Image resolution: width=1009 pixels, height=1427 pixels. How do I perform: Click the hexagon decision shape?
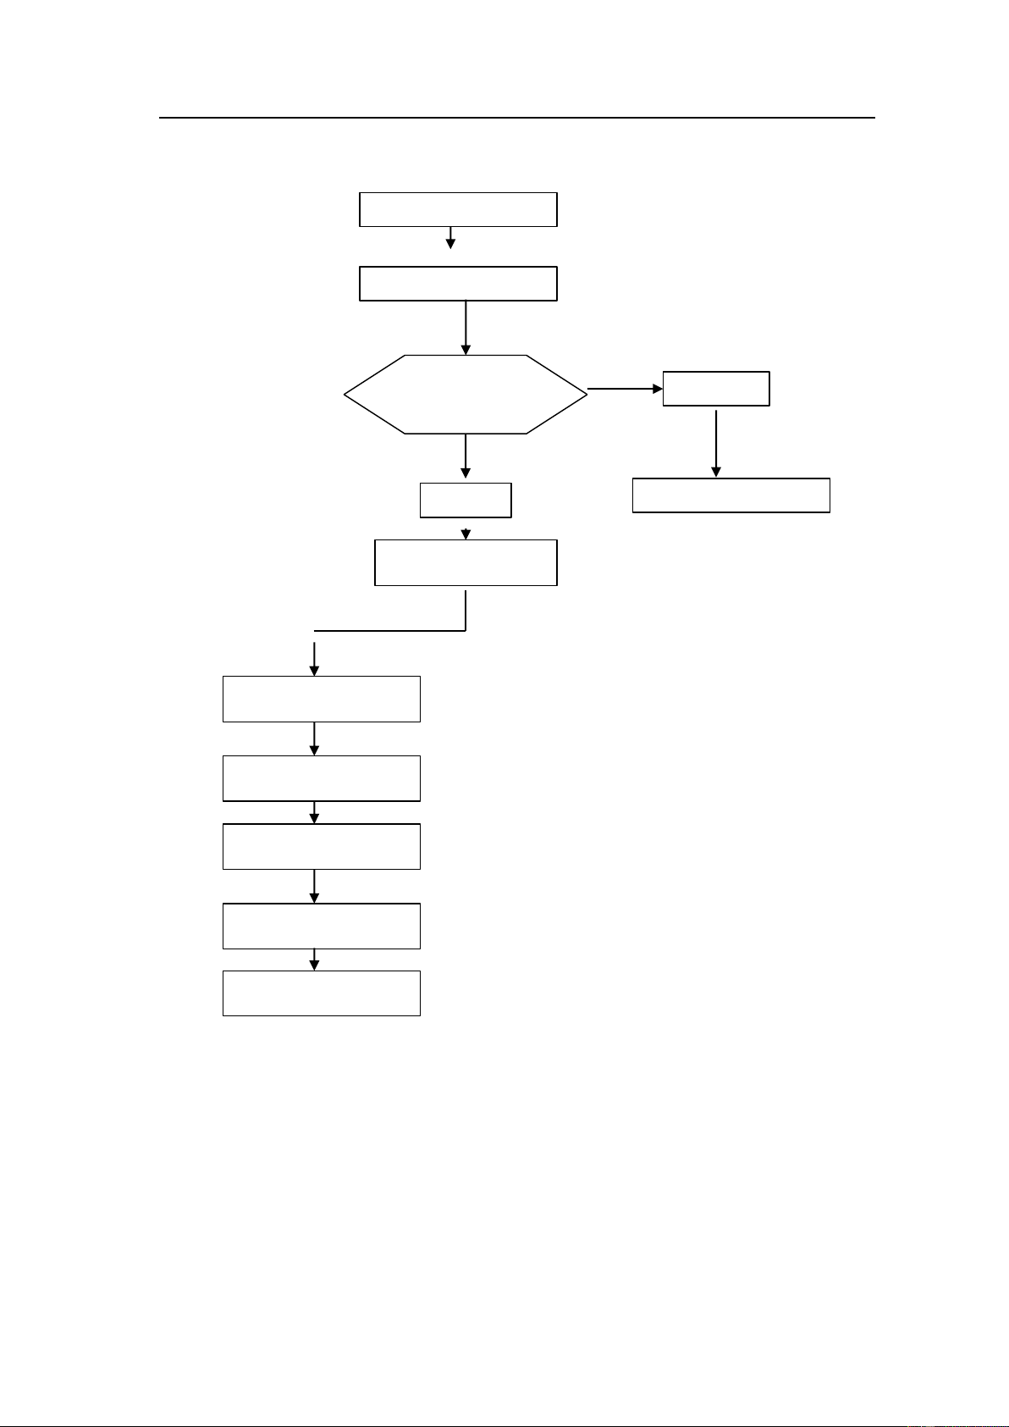466,395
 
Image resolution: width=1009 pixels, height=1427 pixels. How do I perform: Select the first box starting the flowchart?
458,209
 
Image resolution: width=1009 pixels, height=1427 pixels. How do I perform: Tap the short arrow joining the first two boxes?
450,238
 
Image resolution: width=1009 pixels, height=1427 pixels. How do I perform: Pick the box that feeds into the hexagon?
458,284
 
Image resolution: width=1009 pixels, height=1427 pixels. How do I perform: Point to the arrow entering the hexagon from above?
466,328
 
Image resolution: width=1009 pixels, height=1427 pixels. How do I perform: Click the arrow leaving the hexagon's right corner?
625,390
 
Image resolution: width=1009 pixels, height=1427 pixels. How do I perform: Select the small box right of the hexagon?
716,389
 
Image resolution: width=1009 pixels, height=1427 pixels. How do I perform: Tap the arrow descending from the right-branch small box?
716,442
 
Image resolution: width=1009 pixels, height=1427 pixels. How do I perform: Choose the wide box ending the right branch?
731,495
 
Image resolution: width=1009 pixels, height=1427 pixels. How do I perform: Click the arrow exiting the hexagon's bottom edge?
466,457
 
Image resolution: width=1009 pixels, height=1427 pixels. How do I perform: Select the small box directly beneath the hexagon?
466,500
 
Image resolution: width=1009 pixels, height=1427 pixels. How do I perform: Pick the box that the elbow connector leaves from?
466,562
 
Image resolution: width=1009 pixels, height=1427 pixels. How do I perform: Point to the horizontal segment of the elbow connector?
389,631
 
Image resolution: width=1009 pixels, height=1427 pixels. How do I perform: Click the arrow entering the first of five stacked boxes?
314,659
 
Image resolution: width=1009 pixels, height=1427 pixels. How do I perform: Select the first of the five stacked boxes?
321,699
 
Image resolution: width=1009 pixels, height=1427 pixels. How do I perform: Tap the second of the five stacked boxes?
321,778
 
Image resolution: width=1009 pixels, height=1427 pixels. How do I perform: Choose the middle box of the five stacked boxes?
321,846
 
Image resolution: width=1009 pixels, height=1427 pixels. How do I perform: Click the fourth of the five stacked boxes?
321,926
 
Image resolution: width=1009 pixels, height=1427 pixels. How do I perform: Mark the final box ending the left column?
321,993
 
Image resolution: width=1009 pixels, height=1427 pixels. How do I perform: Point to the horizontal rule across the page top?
516,118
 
